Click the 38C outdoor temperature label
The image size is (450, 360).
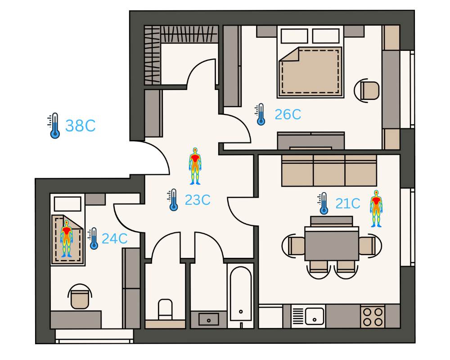coord(81,126)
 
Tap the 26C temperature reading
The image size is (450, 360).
coord(288,114)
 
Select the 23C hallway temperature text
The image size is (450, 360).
coord(198,200)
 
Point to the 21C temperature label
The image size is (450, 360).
coord(348,203)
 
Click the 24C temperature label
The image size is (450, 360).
coord(114,238)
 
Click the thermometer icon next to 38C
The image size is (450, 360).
coord(54,126)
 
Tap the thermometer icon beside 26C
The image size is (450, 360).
coord(260,114)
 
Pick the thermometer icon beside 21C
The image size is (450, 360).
coord(323,203)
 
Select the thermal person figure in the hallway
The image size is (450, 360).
coord(195,166)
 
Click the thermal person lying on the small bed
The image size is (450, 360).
coord(67,238)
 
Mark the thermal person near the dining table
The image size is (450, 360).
coord(376,208)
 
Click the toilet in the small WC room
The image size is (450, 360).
coord(165,310)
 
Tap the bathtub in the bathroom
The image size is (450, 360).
coord(241,294)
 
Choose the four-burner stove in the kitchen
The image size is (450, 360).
coord(373,316)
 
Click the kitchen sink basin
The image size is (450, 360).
coord(315,316)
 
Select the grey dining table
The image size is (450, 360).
coord(332,243)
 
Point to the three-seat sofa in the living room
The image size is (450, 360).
coord(329,171)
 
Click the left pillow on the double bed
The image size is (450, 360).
coord(294,36)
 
